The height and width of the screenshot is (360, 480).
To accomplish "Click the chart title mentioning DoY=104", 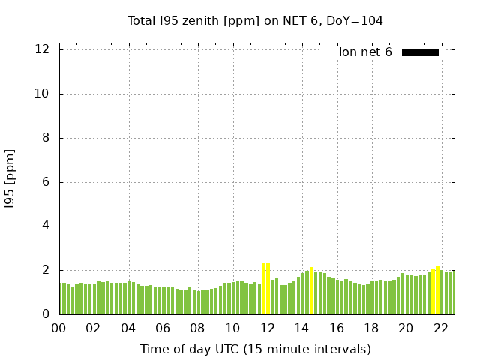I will tap(255, 21).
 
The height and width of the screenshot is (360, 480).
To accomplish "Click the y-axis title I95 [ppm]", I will tap(10, 178).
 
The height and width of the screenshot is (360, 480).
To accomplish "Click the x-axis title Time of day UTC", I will tap(255, 349).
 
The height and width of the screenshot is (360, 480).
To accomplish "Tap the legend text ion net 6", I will tap(365, 52).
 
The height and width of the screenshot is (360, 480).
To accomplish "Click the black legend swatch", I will tap(420, 52).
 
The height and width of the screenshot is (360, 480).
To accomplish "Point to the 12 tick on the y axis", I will tap(43, 49).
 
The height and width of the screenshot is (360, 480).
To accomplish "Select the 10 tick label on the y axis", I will tap(43, 94).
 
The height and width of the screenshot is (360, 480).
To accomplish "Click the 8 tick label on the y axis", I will tap(46, 138).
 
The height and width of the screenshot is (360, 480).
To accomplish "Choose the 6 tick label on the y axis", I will tap(46, 182).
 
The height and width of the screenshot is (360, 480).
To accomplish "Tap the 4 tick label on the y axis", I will tap(46, 226).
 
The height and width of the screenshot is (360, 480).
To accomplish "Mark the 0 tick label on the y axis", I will tap(46, 314).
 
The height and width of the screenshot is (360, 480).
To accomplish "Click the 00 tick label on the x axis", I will tap(59, 328).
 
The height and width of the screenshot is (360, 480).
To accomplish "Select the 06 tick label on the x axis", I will tap(163, 328).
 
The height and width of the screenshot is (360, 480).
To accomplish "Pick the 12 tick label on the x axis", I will tap(267, 328).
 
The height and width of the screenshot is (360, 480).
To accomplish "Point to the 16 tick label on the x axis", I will tap(336, 328).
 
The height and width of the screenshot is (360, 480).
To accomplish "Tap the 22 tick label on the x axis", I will tap(440, 328).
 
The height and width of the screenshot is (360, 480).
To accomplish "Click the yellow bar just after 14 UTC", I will tap(311, 290).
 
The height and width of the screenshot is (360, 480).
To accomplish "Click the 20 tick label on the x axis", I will tap(406, 328).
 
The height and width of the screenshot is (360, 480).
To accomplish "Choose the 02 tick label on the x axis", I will tap(94, 328).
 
